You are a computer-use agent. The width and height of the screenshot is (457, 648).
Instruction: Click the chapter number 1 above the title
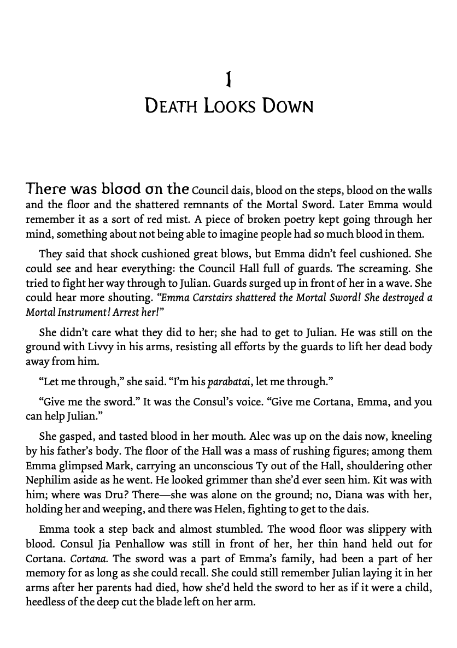(229, 80)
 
